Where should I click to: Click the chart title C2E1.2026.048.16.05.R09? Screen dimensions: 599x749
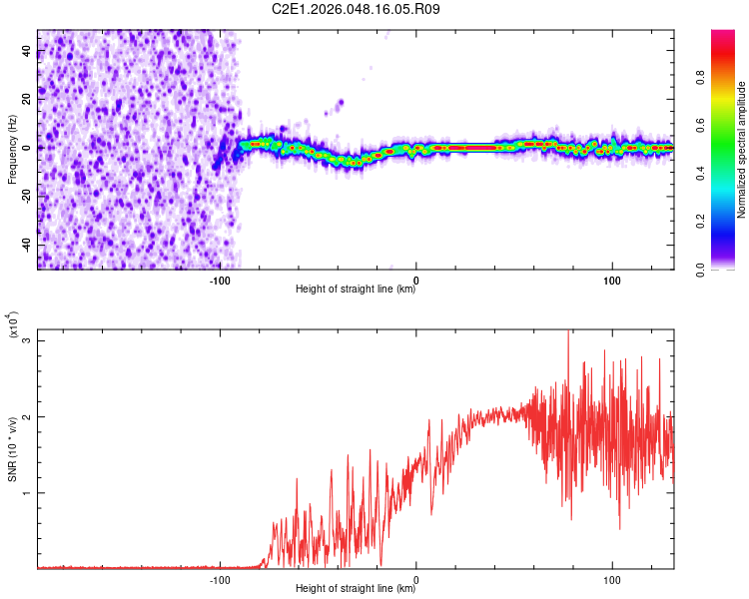(x=357, y=9)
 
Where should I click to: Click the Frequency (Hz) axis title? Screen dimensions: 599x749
(x=12, y=150)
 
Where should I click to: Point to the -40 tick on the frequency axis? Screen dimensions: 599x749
(x=27, y=245)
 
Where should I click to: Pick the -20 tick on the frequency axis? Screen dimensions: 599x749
(x=27, y=197)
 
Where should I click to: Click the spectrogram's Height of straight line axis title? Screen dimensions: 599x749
(x=356, y=290)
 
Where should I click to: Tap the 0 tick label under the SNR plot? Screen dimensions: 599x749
(x=416, y=579)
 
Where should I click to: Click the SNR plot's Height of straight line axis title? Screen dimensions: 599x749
(x=356, y=590)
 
